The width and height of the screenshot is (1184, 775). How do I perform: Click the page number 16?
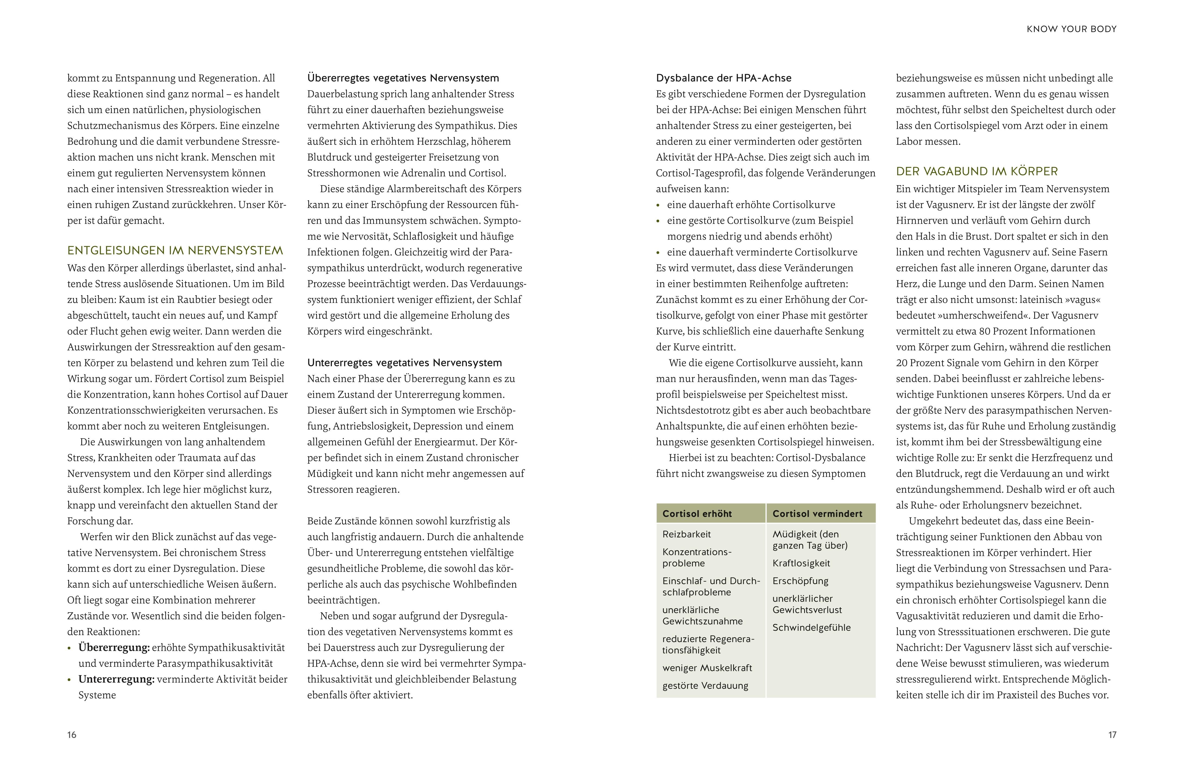(x=72, y=735)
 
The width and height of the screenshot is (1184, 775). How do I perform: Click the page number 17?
(x=1112, y=735)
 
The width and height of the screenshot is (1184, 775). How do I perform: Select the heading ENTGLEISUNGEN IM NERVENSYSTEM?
(x=175, y=250)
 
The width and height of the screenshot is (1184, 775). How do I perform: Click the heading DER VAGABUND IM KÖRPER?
(x=976, y=171)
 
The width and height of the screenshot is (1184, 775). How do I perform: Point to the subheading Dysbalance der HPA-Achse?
(x=723, y=78)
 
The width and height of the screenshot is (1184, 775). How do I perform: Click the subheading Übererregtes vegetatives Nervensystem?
(x=403, y=78)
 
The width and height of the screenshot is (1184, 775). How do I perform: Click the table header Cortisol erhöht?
(x=697, y=514)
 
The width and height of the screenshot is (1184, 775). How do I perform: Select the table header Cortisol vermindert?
(x=817, y=514)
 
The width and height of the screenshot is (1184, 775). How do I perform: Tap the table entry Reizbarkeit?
(x=687, y=534)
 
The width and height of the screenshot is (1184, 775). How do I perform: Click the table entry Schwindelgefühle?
(x=811, y=628)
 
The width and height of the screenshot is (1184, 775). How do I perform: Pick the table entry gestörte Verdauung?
(x=705, y=686)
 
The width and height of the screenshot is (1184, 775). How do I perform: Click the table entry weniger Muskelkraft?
(x=707, y=668)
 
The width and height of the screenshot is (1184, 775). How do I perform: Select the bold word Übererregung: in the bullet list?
(x=114, y=648)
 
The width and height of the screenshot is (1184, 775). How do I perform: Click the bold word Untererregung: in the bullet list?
(x=117, y=680)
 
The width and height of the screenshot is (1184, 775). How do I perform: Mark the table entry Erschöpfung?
(x=800, y=581)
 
